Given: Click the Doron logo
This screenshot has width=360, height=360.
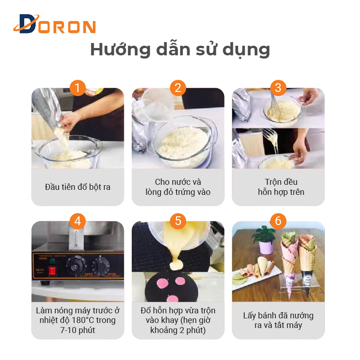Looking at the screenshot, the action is [x=54, y=24].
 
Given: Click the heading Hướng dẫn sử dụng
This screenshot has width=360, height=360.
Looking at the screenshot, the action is [x=180, y=49].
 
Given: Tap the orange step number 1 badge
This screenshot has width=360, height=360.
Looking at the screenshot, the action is [x=78, y=88].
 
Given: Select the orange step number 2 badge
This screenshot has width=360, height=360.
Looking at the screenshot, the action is [x=178, y=88].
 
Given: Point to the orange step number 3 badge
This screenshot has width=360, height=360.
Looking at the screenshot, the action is [x=278, y=88].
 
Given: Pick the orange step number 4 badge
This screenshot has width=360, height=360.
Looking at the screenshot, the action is [x=78, y=221].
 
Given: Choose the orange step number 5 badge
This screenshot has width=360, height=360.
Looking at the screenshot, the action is [x=178, y=221].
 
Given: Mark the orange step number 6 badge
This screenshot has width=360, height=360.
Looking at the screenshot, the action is [x=278, y=221].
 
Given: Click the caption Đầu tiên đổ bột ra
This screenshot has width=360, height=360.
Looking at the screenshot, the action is [x=78, y=187].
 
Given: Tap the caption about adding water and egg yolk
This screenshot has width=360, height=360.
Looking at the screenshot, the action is [x=178, y=187].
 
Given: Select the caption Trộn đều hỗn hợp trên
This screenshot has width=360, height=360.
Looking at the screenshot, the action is [x=281, y=187].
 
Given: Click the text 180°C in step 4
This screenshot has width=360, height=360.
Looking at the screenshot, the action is [x=83, y=320].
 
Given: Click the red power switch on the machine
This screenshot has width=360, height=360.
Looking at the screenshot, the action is [x=53, y=271].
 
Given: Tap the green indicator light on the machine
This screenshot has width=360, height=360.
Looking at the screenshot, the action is [x=53, y=261].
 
